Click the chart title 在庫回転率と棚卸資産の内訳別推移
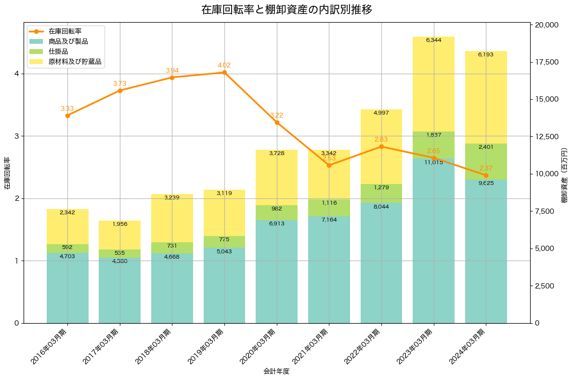point(286,10)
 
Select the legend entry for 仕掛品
point(58,52)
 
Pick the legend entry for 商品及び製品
point(68,41)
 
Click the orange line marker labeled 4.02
point(224,73)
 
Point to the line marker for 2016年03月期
point(67,116)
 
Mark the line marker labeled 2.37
point(486,175)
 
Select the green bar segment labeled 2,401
point(486,162)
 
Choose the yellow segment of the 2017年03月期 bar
point(120,235)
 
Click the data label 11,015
point(433,163)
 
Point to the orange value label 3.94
point(172,71)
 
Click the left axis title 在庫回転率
point(7,173)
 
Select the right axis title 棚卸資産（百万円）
point(565,173)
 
